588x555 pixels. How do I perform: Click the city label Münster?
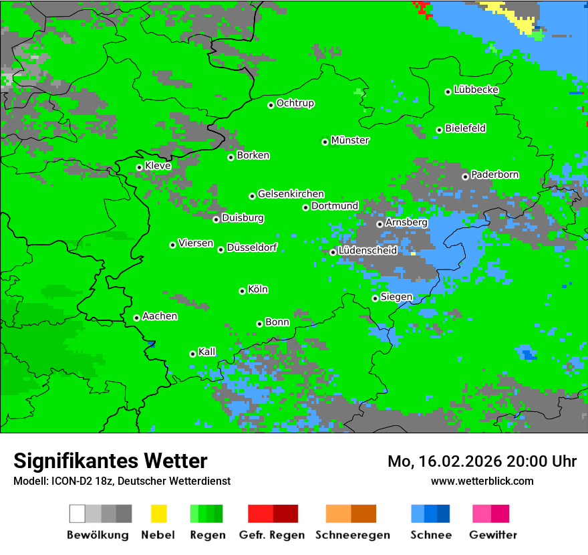coord(350,140)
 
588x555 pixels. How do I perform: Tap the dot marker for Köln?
coord(242,291)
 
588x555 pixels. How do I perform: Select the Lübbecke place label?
coord(476,90)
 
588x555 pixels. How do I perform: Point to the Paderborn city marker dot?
coord(465,177)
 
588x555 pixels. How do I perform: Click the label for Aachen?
coord(160,316)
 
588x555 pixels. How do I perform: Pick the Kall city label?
coord(207,352)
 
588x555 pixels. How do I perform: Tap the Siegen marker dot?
coord(375,298)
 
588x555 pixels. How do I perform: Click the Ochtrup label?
coord(295,103)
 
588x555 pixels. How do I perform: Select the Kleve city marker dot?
coord(139,167)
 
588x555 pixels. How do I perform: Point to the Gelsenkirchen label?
coord(291,194)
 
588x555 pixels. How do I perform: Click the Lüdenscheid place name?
coord(367,251)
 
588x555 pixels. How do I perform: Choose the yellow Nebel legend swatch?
coord(158,514)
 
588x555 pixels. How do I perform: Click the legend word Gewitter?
coord(493,535)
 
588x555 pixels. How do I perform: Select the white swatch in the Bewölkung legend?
coord(78,514)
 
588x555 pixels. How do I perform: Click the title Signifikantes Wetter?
coord(110,461)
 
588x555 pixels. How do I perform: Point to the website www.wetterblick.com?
coord(482,481)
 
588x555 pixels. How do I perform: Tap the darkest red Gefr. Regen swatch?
coord(285,514)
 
